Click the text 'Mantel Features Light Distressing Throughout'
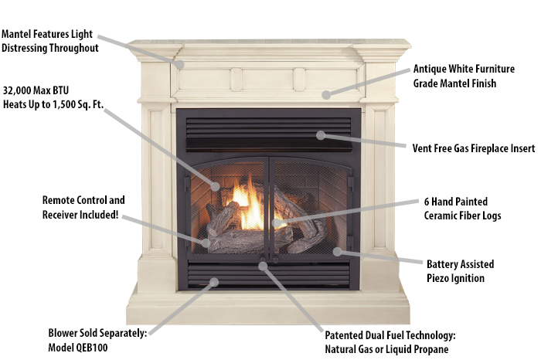(50, 41)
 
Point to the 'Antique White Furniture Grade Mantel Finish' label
(455, 76)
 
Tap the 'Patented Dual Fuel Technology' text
(391, 335)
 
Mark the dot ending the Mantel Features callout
(180, 65)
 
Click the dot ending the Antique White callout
(326, 94)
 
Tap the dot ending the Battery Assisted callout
(336, 250)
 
